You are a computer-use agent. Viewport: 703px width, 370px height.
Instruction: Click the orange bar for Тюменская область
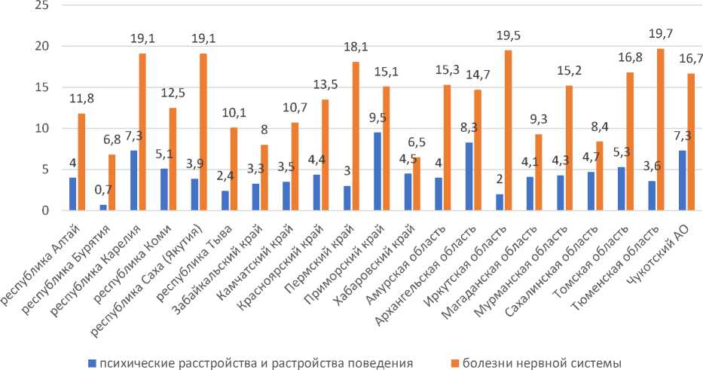[x=661, y=130]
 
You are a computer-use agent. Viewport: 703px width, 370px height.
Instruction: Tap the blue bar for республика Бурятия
[x=103, y=207]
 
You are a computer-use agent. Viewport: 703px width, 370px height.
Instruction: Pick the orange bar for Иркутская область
[x=509, y=130]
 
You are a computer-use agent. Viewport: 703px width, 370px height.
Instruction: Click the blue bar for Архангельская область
[x=469, y=176]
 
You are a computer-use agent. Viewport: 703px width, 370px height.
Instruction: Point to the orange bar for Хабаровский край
[x=417, y=184]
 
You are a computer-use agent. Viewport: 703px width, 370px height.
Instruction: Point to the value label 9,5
[x=377, y=118]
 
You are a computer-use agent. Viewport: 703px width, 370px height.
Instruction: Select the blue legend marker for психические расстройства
[x=90, y=363]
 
